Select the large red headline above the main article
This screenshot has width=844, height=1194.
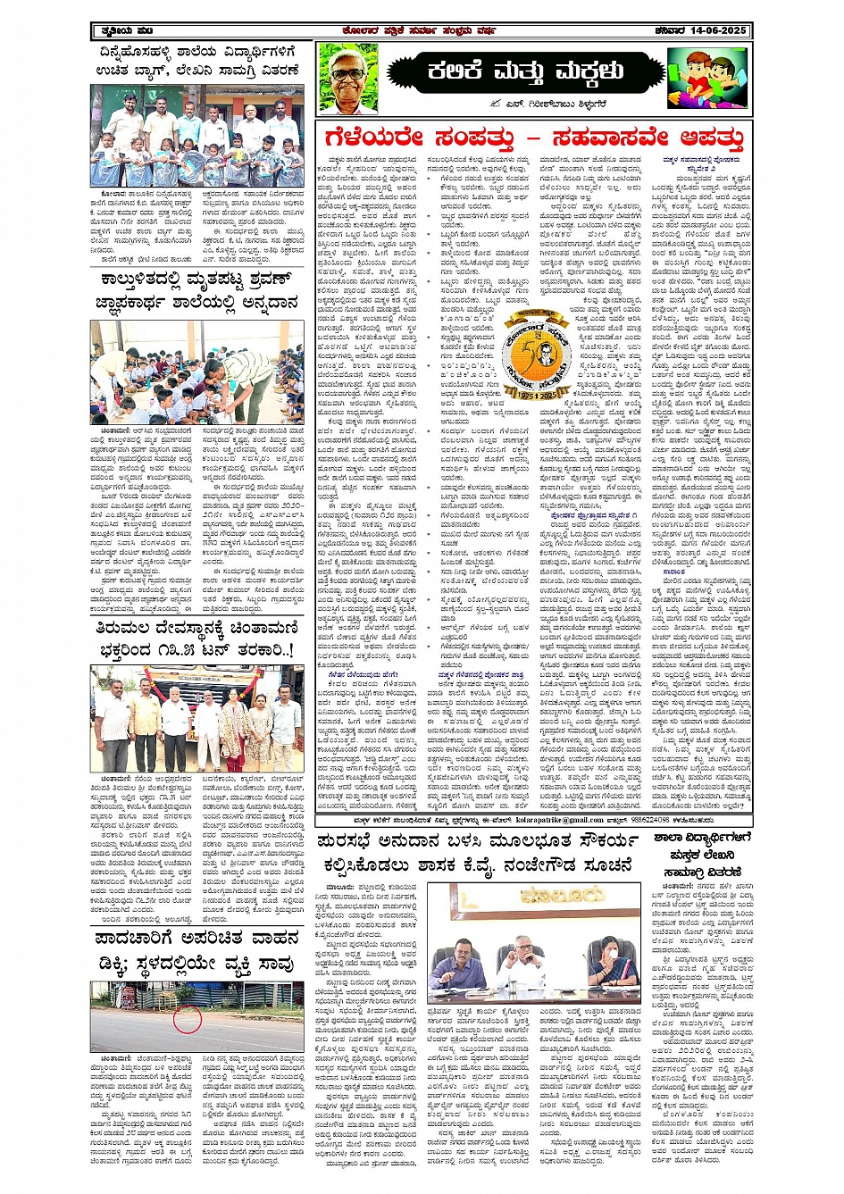coord(534,138)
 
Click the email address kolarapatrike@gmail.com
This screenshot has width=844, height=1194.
coord(561,820)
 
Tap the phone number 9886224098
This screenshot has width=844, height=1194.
coord(652,820)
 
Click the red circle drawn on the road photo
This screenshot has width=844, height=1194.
coord(187,1019)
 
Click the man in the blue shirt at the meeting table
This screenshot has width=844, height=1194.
coord(457,963)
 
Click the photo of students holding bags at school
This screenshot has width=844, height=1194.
coord(197,136)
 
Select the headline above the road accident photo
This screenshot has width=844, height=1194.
coord(197,950)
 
